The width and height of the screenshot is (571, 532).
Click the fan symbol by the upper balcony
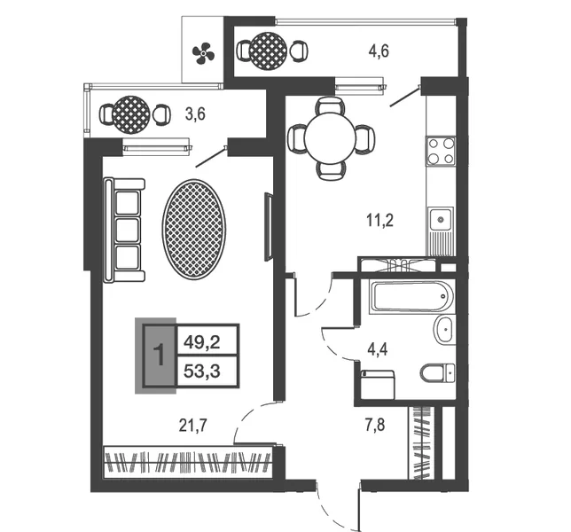pos(203,53)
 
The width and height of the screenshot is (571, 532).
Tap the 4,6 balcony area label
pos(379,51)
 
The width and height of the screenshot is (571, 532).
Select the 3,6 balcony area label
pos(195,114)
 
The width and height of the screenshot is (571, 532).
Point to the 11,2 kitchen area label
pos(380,220)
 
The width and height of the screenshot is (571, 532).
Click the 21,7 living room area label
pos(193,425)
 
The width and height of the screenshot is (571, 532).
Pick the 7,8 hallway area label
pos(375,425)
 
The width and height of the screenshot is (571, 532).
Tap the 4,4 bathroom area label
pos(378,349)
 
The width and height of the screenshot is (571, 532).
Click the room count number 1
pos(160,356)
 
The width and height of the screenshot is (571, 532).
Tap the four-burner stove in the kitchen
pos(441,151)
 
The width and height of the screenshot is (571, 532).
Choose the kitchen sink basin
pos(441,220)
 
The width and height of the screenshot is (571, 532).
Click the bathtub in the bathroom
pos(411,296)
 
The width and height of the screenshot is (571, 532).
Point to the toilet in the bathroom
pos(438,373)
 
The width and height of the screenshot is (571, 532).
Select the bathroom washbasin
pos(444,329)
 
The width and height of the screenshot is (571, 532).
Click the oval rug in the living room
pos(193,230)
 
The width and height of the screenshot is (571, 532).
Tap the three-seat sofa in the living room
pos(124,230)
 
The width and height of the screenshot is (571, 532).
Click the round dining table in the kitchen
pos(331,138)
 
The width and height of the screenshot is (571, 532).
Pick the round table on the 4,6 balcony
pos(269,51)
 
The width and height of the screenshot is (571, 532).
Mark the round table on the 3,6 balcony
pos(131,114)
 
